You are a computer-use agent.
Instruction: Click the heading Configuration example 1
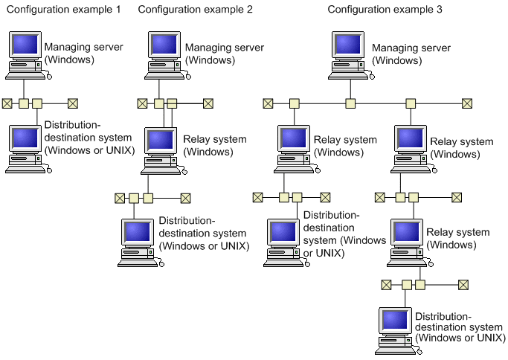point(62,10)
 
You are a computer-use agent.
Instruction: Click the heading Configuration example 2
point(195,10)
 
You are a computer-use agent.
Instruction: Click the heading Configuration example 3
point(385,10)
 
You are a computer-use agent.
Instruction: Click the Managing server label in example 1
point(84,53)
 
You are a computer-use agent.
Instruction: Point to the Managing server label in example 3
point(411,53)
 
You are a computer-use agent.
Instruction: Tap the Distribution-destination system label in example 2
point(204,234)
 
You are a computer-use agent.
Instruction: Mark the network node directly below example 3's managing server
point(350,103)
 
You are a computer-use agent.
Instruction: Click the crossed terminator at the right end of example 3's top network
point(467,103)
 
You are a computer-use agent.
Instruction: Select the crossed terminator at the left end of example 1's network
point(7,103)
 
